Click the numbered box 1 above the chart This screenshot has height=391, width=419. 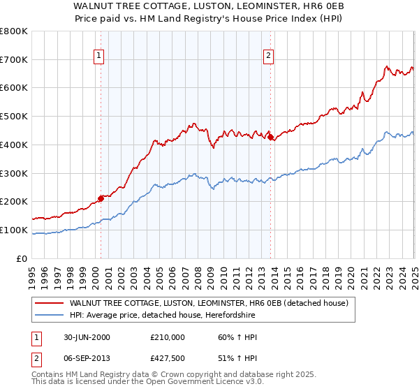click(99, 57)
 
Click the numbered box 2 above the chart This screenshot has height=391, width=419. click(269, 57)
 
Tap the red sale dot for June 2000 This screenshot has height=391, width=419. click(101, 198)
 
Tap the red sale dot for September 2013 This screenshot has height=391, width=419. click(270, 137)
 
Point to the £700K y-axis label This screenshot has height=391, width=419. click(14, 59)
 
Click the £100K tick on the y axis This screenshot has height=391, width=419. click(14, 230)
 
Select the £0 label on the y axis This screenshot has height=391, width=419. click(23, 258)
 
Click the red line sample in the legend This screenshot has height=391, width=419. click(50, 303)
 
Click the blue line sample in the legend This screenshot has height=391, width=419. click(50, 316)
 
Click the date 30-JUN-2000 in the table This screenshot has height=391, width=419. click(87, 337)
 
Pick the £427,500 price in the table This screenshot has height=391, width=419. click(167, 360)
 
